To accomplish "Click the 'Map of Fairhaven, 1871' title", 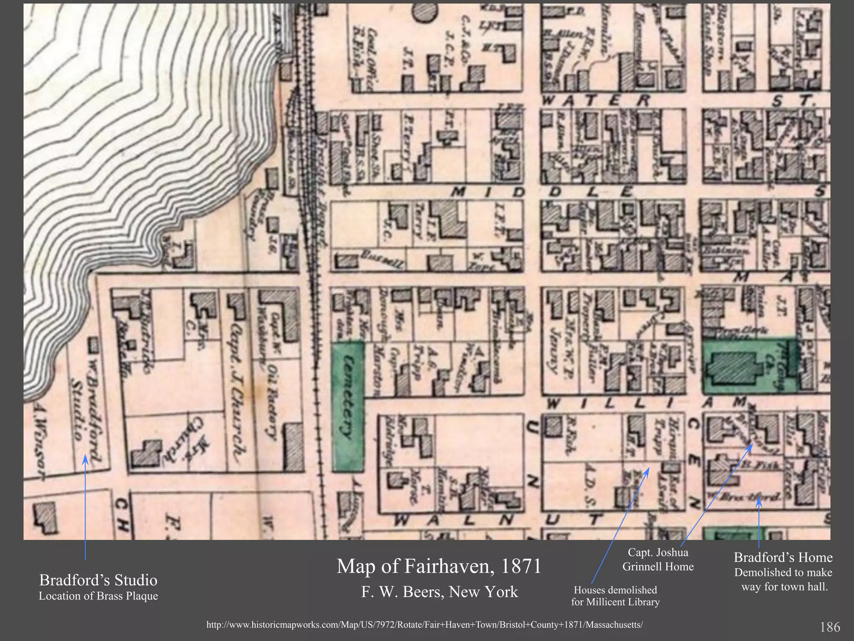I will tap(439, 566).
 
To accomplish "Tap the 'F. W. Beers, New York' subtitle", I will tap(440, 592).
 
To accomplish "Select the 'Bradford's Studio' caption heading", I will tap(98, 580).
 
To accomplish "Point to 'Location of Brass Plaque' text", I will tap(98, 596).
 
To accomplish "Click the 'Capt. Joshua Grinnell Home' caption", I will tap(658, 560).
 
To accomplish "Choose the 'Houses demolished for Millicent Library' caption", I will tap(615, 596).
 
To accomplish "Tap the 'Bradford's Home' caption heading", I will tap(783, 558).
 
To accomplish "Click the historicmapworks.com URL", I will tap(424, 625).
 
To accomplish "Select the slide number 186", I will tap(830, 627).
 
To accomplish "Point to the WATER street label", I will tap(596, 101).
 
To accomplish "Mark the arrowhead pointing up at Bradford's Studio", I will tap(85, 459).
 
